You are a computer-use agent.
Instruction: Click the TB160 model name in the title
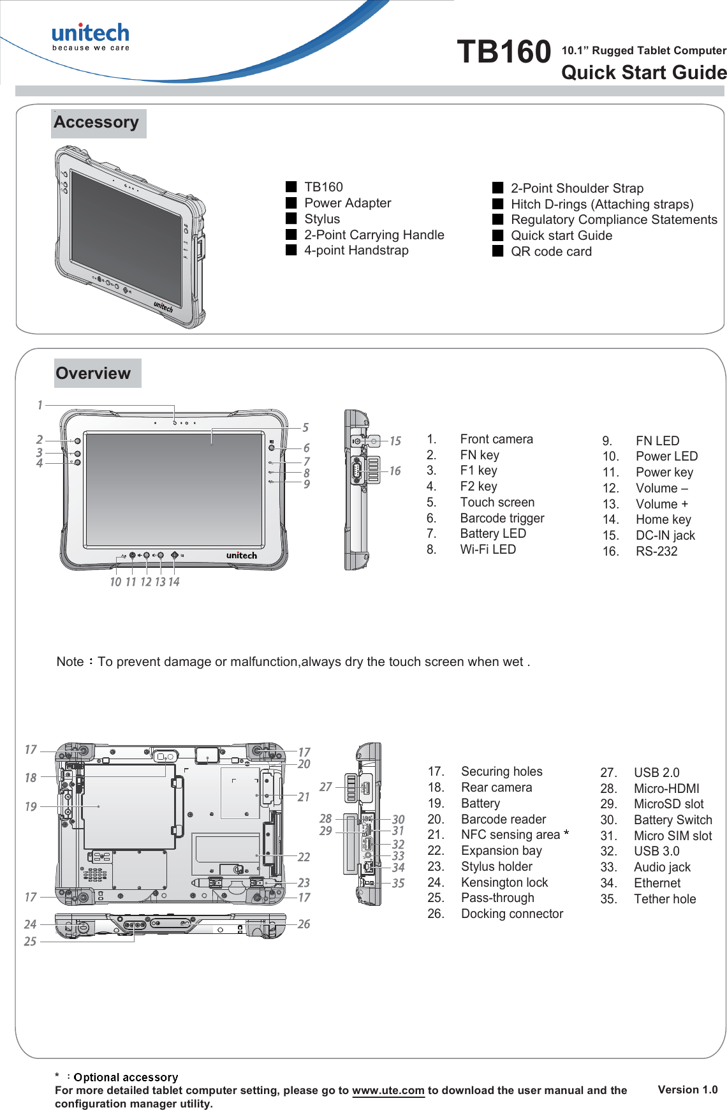click(x=504, y=52)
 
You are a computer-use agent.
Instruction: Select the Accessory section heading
click(x=96, y=122)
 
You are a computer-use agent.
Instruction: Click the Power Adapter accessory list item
click(x=348, y=203)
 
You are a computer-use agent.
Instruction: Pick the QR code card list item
click(x=551, y=251)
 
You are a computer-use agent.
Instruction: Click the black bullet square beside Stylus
click(x=291, y=218)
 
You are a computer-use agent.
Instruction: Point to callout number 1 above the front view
click(x=40, y=405)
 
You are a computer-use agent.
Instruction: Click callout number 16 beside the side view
click(x=395, y=471)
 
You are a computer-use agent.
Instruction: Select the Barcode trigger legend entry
click(x=502, y=518)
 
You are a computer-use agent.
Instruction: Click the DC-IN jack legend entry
click(x=665, y=535)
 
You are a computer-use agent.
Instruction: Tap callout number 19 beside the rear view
click(x=31, y=806)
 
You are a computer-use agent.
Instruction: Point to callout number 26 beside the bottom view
click(x=304, y=924)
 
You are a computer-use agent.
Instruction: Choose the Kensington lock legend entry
click(x=504, y=882)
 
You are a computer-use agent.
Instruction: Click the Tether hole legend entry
click(x=665, y=899)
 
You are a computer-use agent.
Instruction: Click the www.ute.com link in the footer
click(x=388, y=1090)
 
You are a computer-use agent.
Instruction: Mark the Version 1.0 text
click(x=687, y=1090)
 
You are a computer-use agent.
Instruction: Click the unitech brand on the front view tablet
click(x=242, y=556)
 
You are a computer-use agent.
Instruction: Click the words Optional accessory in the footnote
click(x=126, y=1077)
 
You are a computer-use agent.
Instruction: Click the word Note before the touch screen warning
click(x=70, y=662)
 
